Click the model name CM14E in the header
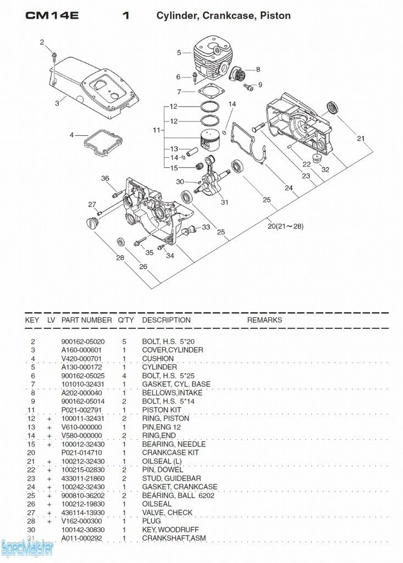pyautogui.click(x=52, y=15)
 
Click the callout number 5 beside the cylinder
pyautogui.click(x=179, y=53)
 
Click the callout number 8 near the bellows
pyautogui.click(x=258, y=69)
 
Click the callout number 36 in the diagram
pyautogui.click(x=105, y=178)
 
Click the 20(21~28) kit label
pyautogui.click(x=286, y=225)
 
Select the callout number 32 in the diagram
pyautogui.click(x=325, y=169)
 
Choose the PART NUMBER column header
pyautogui.click(x=87, y=320)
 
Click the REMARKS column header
pyautogui.click(x=264, y=320)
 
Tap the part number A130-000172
pyautogui.click(x=81, y=367)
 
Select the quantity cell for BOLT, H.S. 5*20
pyautogui.click(x=124, y=341)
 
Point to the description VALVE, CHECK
pyautogui.click(x=168, y=512)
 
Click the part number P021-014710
pyautogui.click(x=81, y=452)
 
